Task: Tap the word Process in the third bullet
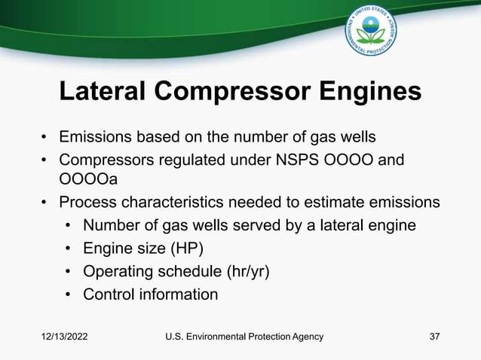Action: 88,202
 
